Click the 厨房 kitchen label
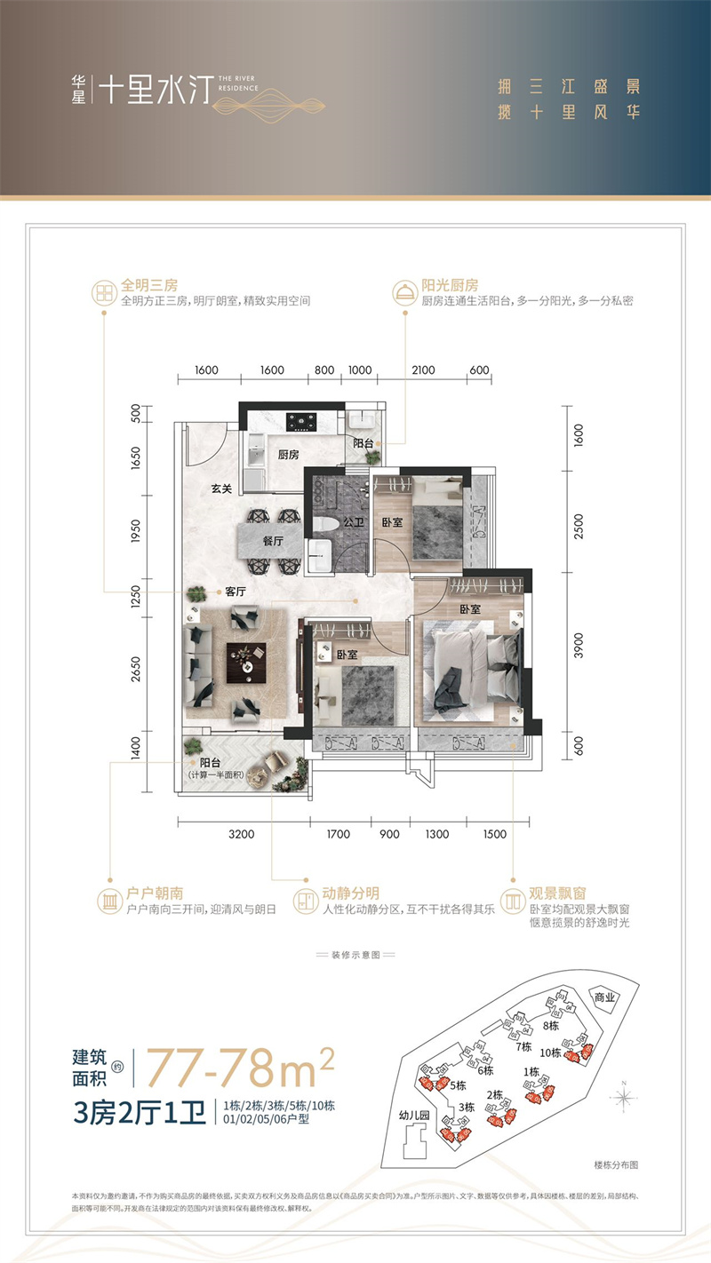tap(287, 455)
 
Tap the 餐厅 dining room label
tap(272, 539)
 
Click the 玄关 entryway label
tap(221, 488)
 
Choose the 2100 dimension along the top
tap(423, 369)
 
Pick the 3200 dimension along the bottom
tap(241, 834)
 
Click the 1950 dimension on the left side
tap(136, 529)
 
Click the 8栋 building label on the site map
tap(552, 1025)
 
